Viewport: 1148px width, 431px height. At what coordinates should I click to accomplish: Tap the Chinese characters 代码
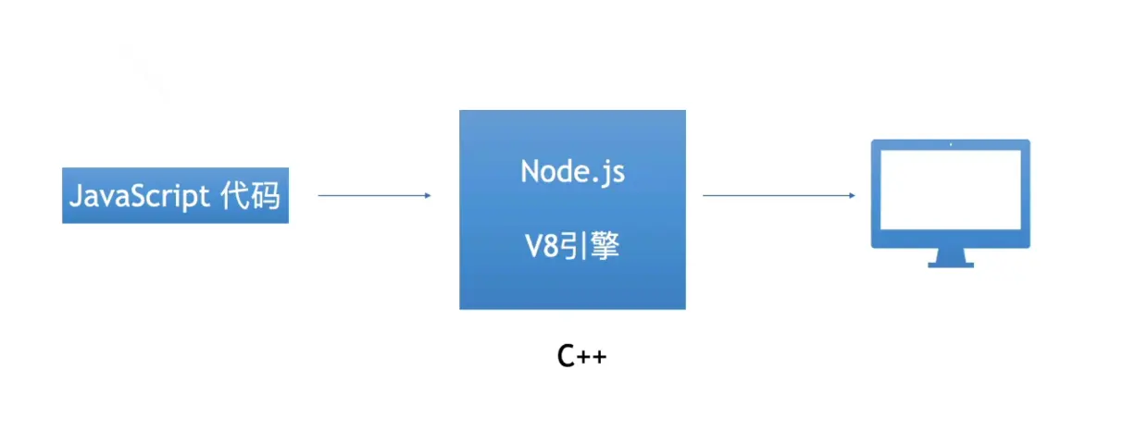(x=251, y=196)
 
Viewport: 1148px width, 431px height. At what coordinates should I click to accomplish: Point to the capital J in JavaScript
(x=77, y=196)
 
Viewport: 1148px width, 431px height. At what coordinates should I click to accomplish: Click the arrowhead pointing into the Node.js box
(x=427, y=195)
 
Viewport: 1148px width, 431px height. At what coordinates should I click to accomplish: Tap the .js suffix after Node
(x=607, y=173)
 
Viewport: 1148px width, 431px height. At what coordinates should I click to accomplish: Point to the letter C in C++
(x=567, y=357)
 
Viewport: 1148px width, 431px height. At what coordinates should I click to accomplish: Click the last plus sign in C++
(x=600, y=358)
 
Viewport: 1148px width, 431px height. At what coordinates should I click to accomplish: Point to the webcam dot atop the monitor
(x=951, y=144)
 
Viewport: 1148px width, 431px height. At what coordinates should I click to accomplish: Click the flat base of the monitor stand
(x=951, y=265)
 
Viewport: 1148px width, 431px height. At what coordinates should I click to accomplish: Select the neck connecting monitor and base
(x=951, y=254)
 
